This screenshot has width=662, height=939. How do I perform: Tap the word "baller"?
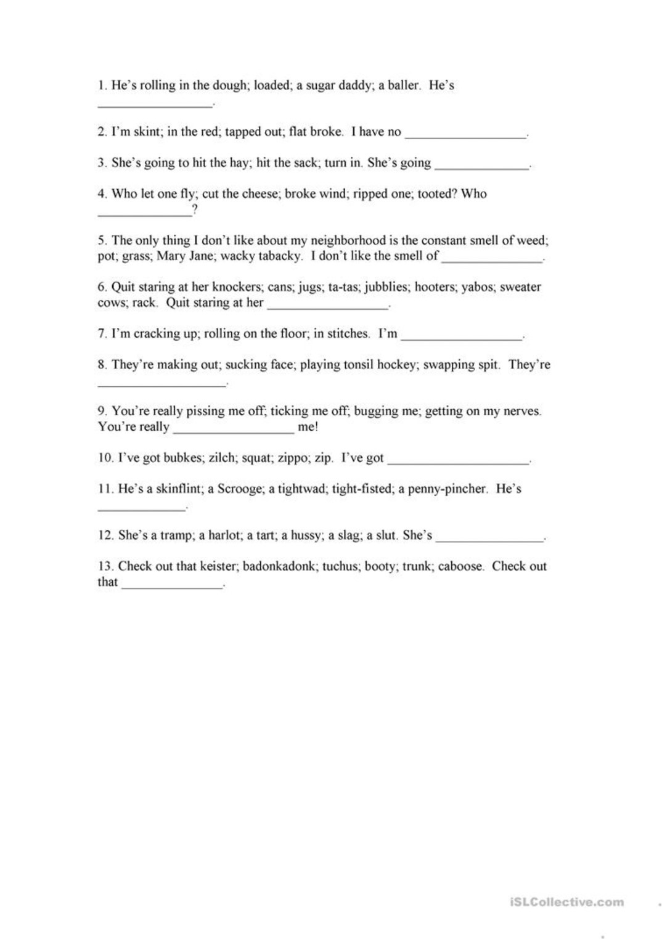point(403,86)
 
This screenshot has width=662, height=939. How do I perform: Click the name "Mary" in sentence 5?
point(171,256)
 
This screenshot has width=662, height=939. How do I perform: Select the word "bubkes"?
point(183,458)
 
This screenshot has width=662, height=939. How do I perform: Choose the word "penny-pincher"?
point(447,489)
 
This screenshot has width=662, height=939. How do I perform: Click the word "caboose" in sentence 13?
point(460,566)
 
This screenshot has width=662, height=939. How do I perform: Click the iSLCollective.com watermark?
point(566,902)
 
